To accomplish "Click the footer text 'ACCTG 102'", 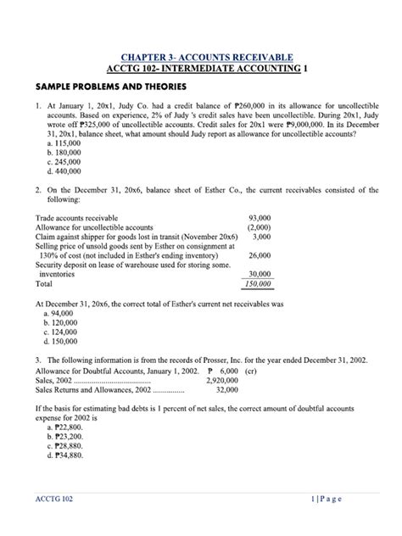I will pos(51,499).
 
